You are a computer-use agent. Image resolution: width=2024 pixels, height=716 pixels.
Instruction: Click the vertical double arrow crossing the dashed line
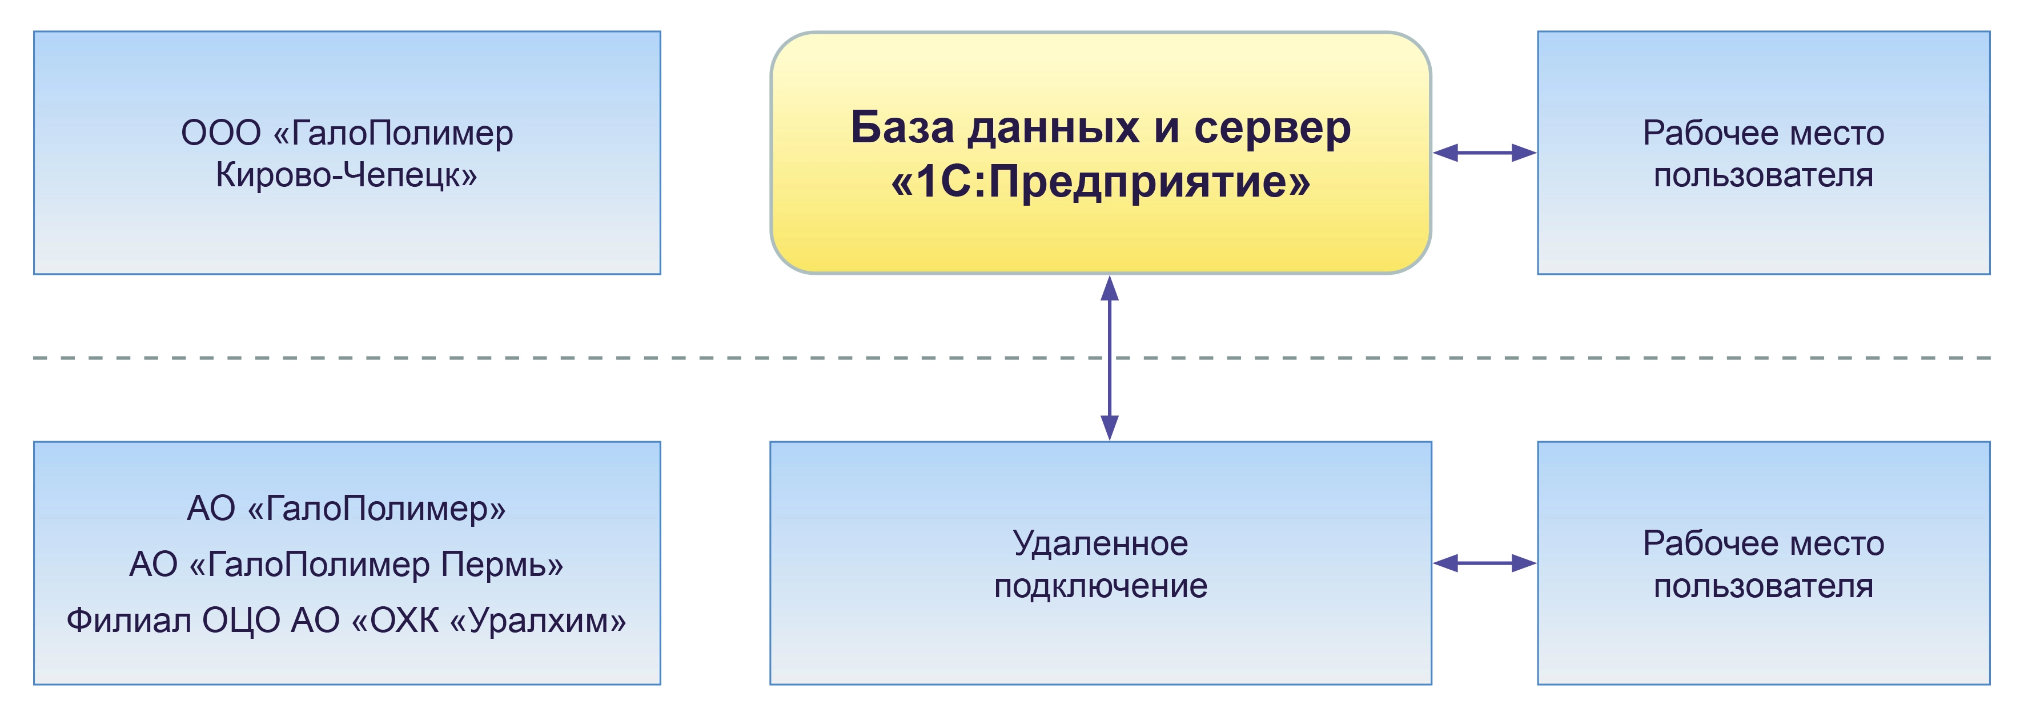click(1110, 358)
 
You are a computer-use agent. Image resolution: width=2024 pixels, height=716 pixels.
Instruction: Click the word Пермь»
click(502, 565)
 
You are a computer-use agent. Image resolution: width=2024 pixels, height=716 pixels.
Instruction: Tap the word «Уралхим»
click(537, 621)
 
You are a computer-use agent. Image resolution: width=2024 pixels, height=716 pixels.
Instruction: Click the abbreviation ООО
click(221, 133)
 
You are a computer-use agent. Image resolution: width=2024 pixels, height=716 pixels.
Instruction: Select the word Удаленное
click(1100, 544)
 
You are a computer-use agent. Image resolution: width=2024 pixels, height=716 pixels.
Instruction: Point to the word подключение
click(1100, 586)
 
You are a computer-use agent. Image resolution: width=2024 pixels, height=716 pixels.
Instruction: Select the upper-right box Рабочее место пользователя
click(1763, 153)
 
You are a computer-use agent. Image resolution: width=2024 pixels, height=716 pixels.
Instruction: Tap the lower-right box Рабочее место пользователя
click(1763, 563)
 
